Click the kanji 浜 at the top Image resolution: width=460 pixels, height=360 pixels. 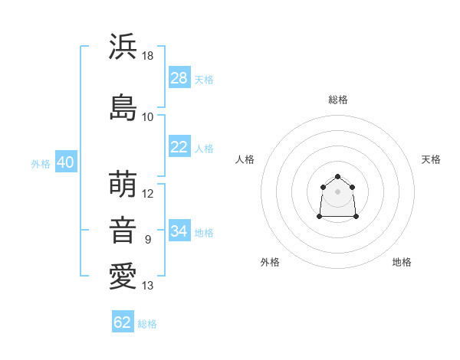pyautogui.click(x=123, y=46)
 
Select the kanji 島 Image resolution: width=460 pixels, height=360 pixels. pyautogui.click(x=123, y=107)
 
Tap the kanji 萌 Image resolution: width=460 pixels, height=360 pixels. pyautogui.click(x=123, y=184)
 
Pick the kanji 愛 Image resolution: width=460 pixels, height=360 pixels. pyautogui.click(x=123, y=277)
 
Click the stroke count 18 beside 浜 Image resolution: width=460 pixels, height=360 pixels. pyautogui.click(x=147, y=56)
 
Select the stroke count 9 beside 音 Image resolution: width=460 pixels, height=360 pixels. pyautogui.click(x=148, y=240)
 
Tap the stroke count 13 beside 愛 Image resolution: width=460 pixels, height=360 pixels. pyautogui.click(x=147, y=286)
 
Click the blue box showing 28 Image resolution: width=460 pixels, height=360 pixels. pyautogui.click(x=179, y=77)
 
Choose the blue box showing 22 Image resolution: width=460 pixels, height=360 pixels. pyautogui.click(x=179, y=146)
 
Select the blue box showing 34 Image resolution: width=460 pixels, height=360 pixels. pyautogui.click(x=179, y=230)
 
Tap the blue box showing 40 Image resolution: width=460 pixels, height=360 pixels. pyautogui.click(x=66, y=162)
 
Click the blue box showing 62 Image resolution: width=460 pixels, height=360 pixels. pyautogui.click(x=123, y=321)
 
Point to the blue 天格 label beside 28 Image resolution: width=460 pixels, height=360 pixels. pyautogui.click(x=204, y=80)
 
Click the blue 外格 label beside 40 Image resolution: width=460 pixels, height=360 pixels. pyautogui.click(x=41, y=164)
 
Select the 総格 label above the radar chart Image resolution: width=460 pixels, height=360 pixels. pyautogui.click(x=338, y=100)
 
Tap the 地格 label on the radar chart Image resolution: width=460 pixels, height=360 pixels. pyautogui.click(x=402, y=262)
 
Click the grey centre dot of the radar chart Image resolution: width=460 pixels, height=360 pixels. pyautogui.click(x=337, y=191)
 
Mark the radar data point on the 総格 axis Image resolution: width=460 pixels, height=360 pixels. pyautogui.click(x=337, y=176)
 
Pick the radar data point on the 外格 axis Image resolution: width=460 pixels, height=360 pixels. pyautogui.click(x=320, y=216)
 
